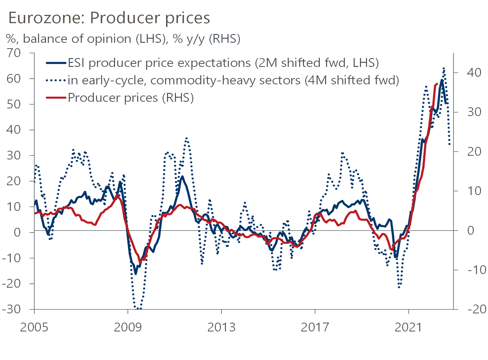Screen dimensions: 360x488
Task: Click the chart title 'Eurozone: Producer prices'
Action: pos(109,18)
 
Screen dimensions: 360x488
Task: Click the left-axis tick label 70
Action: pos(14,53)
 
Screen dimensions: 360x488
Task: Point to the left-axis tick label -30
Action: pos(11,309)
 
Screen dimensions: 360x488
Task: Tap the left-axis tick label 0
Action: pos(17,232)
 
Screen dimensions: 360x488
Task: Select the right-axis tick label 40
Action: pos(474,73)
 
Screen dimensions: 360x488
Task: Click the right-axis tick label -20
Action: pos(477,309)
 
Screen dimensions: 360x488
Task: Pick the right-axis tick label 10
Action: pos(474,191)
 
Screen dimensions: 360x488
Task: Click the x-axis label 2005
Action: pos(34,327)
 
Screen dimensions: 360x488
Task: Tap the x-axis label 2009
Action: pos(128,327)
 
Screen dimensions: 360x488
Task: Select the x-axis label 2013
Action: pos(221,327)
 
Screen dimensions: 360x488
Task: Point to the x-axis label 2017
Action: pos(315,327)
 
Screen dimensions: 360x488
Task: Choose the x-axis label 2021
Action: pos(408,327)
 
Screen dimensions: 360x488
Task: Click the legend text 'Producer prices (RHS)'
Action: pos(131,98)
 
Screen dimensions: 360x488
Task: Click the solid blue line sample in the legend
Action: pos(56,63)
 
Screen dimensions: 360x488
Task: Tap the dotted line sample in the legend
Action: pos(56,81)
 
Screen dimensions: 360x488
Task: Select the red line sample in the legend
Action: pos(56,98)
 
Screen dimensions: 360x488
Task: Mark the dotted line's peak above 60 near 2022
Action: pos(444,68)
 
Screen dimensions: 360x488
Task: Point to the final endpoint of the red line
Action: pos(437,84)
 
